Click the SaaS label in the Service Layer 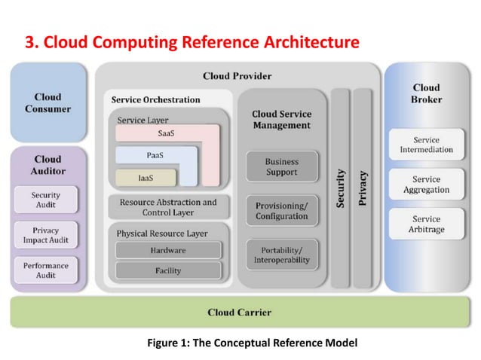[x=168, y=133]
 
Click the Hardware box [x=168, y=250]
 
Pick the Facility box [x=168, y=270]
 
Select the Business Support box [x=281, y=167]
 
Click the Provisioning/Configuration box [x=281, y=211]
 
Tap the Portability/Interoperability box [x=281, y=255]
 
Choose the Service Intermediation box [x=426, y=145]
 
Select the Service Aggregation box [x=426, y=185]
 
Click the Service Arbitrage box [x=426, y=224]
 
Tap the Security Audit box [x=46, y=200]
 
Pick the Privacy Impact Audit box [x=46, y=235]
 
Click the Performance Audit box [x=46, y=270]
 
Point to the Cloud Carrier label [x=239, y=312]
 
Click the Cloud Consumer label [x=47, y=103]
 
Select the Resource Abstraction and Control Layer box [x=168, y=207]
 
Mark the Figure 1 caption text [x=252, y=343]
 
